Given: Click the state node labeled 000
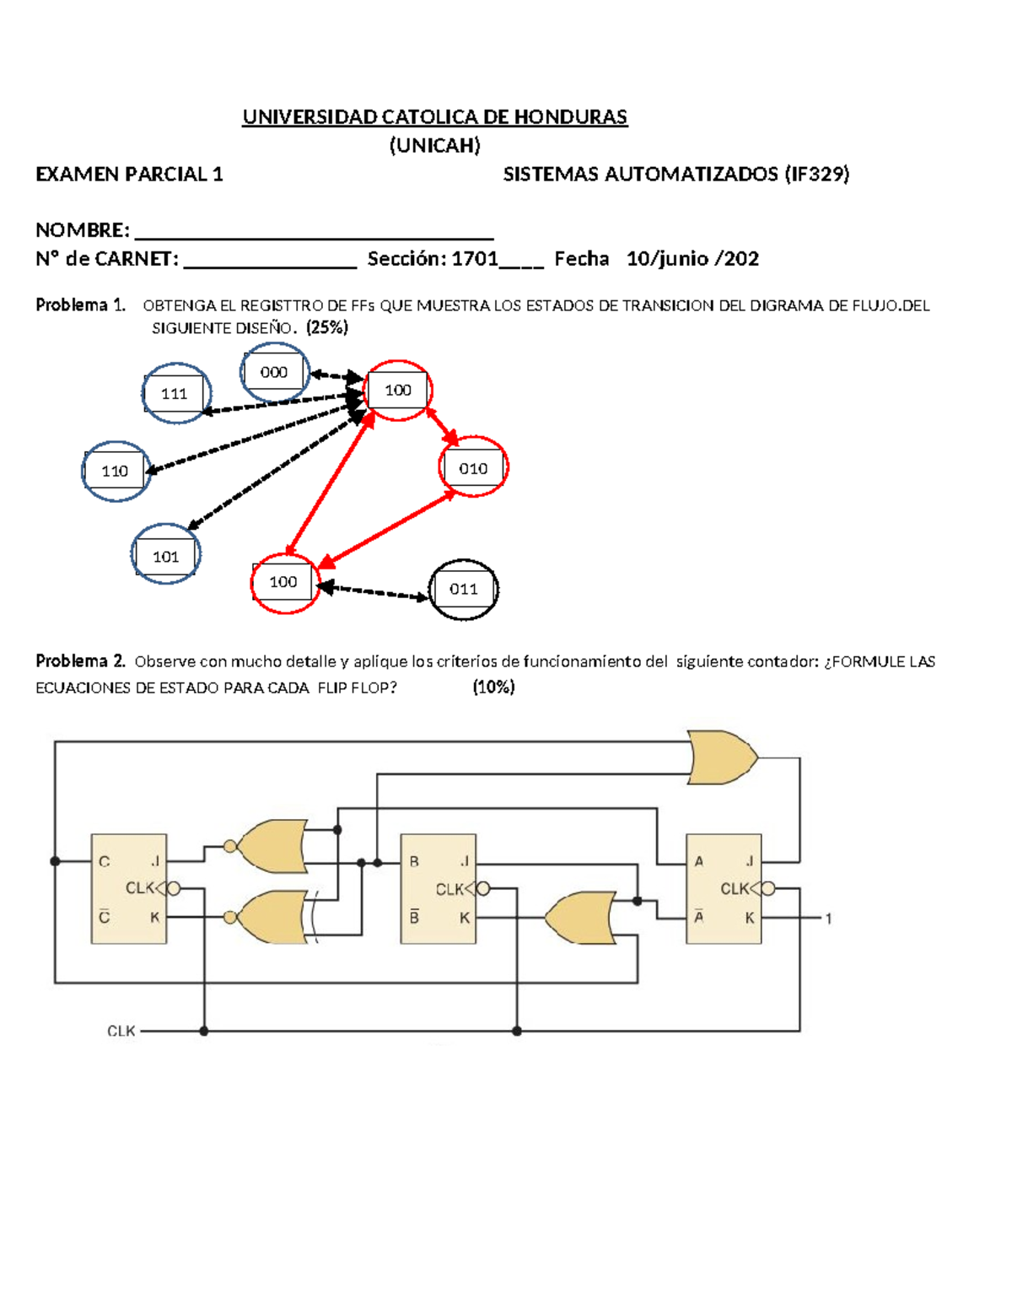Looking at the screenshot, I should click(273, 372).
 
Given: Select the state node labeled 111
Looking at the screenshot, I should click(175, 394).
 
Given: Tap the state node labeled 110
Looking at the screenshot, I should click(116, 471).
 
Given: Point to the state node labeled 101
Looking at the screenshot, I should click(166, 556).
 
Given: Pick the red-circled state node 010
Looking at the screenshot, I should click(473, 468).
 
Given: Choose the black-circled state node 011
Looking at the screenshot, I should click(463, 589).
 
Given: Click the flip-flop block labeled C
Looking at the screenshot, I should click(129, 888).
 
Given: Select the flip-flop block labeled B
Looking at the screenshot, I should click(439, 888).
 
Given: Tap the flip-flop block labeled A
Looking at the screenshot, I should click(724, 888).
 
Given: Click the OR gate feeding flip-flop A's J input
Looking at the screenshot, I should click(722, 757).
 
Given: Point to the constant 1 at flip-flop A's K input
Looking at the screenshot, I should click(828, 918).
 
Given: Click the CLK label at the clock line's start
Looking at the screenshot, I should click(121, 1031).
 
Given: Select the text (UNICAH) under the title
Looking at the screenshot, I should click(434, 145).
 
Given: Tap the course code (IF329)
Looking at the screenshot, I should click(816, 174).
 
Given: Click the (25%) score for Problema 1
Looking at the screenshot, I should click(327, 327).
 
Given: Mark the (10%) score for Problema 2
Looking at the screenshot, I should click(493, 687).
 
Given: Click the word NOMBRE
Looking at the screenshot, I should click(82, 229).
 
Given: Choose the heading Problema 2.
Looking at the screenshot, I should click(80, 660).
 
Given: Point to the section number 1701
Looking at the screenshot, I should click(475, 258).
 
